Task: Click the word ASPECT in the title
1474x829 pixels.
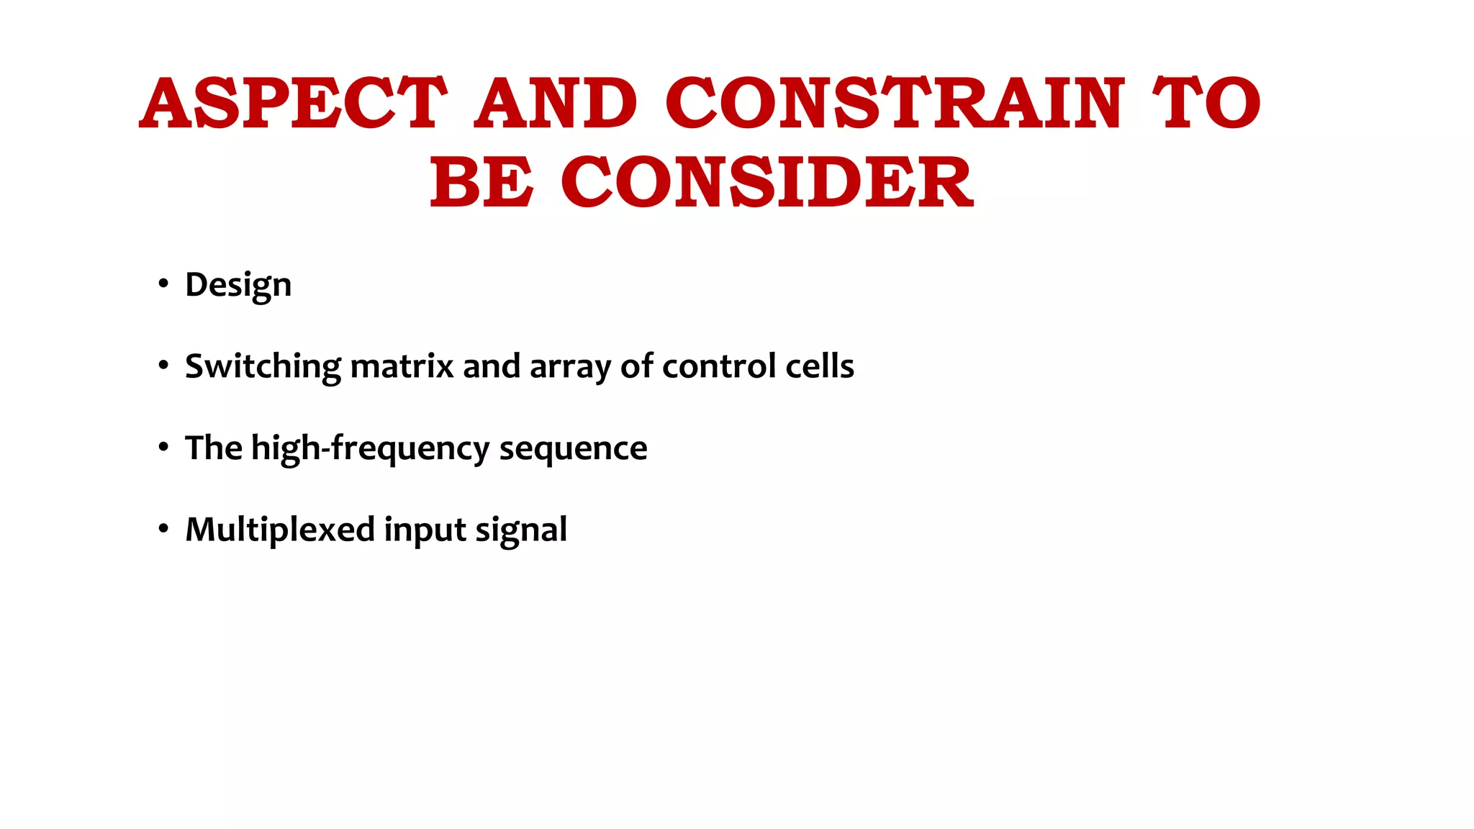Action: click(x=293, y=104)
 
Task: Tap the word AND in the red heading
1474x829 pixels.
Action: click(x=555, y=104)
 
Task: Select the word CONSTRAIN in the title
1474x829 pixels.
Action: click(x=895, y=104)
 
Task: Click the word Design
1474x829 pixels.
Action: click(x=238, y=286)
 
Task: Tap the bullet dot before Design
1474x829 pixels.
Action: click(x=163, y=284)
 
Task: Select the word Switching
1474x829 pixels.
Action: click(x=263, y=367)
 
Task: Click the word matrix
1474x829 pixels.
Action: click(x=402, y=366)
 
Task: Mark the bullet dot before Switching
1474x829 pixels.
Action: click(x=163, y=366)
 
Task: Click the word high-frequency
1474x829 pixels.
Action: click(x=371, y=448)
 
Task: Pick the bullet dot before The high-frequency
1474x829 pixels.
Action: click(x=163, y=448)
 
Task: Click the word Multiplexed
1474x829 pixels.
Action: click(x=280, y=530)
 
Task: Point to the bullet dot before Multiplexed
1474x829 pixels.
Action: click(x=163, y=529)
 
